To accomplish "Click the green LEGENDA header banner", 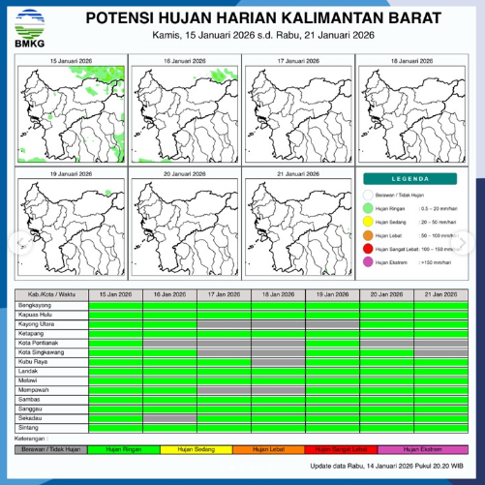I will coord(411,179).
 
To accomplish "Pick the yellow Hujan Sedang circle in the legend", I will coord(369,222).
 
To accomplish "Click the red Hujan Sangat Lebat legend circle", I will coord(369,249).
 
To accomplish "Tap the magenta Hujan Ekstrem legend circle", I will coord(369,262).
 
